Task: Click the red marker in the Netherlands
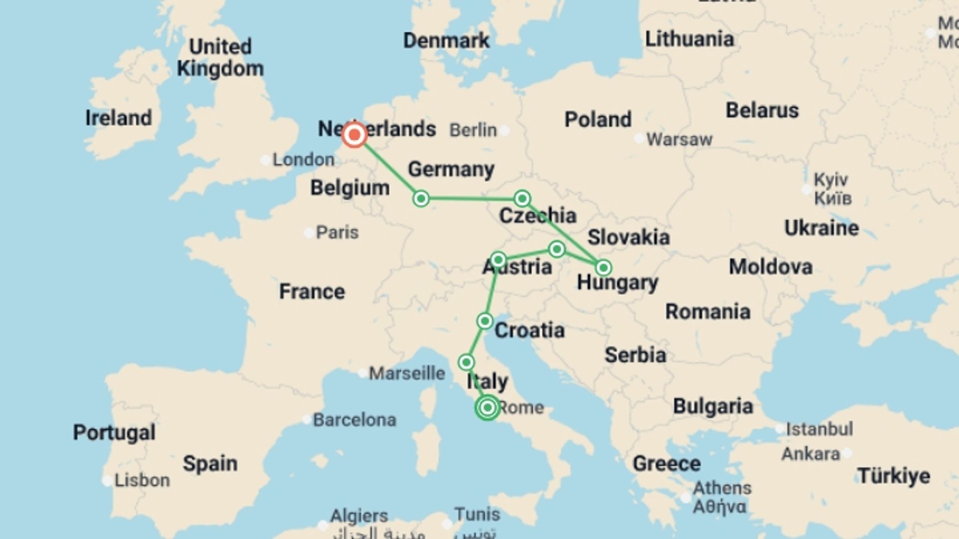(355, 135)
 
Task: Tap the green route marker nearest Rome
(487, 408)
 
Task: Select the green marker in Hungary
(603, 268)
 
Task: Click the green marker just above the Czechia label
(522, 199)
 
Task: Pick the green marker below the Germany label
(421, 199)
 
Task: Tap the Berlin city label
(473, 130)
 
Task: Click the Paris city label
(337, 233)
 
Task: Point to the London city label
(303, 160)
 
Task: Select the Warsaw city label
(679, 140)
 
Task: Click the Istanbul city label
(819, 429)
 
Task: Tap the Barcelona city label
(354, 420)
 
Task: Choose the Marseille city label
(407, 373)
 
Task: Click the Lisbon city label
(142, 481)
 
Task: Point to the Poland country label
(598, 120)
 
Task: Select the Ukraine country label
(821, 228)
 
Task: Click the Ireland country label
(118, 118)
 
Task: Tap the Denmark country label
(446, 41)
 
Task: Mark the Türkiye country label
(894, 476)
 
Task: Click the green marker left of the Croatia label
(484, 321)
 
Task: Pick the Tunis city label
(477, 514)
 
